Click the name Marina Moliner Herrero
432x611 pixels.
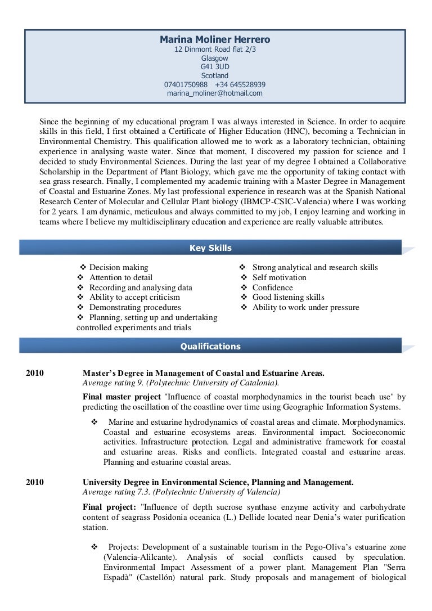pos(215,39)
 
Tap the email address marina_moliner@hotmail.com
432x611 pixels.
pos(215,93)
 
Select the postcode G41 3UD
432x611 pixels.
pos(215,66)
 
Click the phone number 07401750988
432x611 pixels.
pos(186,84)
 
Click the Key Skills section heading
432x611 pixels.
pos(210,248)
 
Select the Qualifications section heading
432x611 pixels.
pos(210,347)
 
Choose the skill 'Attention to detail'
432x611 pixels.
pos(120,277)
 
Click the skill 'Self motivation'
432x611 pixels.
pos(280,277)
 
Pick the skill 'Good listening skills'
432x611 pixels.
pos(288,297)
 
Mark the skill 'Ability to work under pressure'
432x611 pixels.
pos(305,307)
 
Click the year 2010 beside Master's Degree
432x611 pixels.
pos(35,373)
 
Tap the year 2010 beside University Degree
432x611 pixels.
pos(35,482)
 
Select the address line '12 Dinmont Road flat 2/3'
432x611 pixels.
pos(215,49)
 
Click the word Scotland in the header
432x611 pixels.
pos(215,75)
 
